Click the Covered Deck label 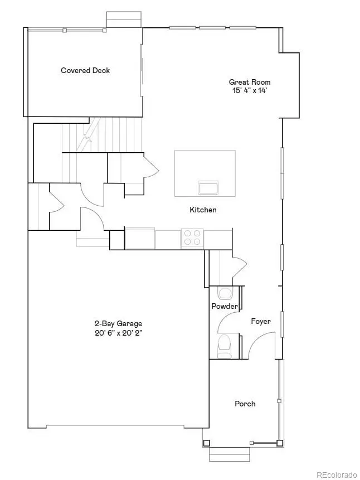pyautogui.click(x=85, y=70)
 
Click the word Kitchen pyautogui.click(x=203, y=210)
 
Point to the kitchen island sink pyautogui.click(x=207, y=186)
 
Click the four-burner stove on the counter pyautogui.click(x=192, y=238)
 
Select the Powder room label pyautogui.click(x=225, y=307)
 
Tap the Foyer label pyautogui.click(x=261, y=321)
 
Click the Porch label pyautogui.click(x=245, y=404)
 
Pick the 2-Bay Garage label pyautogui.click(x=118, y=323)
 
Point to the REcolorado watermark pyautogui.click(x=336, y=474)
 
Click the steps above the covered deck pyautogui.click(x=122, y=19)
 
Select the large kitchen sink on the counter pyautogui.click(x=140, y=238)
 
